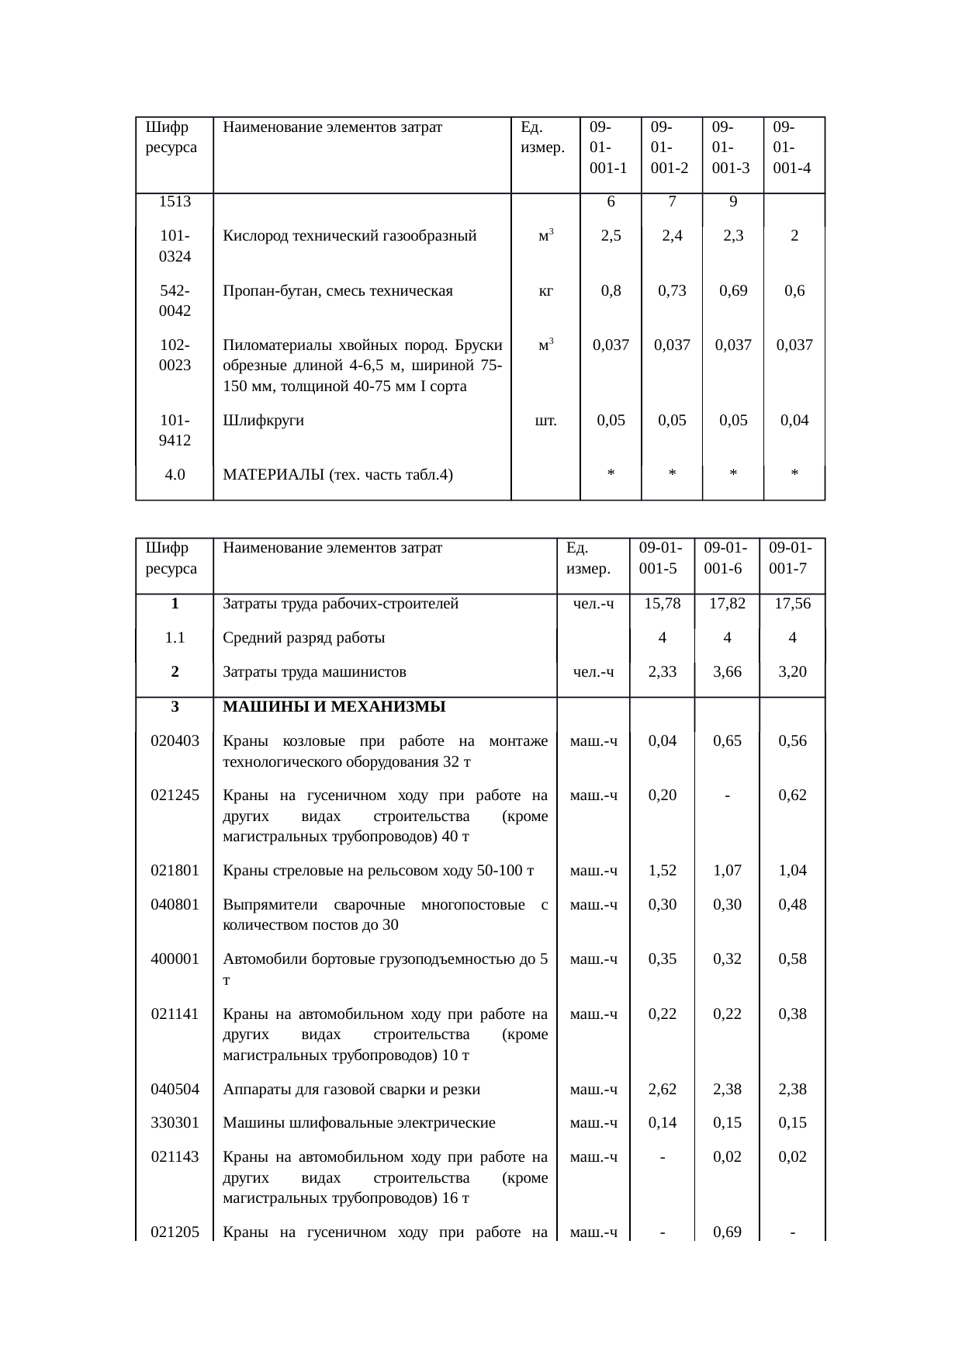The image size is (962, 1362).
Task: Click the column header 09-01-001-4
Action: pos(792,147)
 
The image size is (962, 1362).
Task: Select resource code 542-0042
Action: pos(175,301)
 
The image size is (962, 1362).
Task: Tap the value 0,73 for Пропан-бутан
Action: pos(672,291)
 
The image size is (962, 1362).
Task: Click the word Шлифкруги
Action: pos(263,421)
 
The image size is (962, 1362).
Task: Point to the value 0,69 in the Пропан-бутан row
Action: pos(733,291)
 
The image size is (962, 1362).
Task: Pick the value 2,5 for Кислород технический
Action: pos(611,236)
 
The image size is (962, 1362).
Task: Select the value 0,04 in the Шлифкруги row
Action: pos(794,421)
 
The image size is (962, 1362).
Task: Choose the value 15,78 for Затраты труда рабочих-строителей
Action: pos(662,604)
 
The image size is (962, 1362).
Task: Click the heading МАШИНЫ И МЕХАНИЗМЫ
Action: pos(334,707)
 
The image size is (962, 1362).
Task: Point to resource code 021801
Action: pos(175,870)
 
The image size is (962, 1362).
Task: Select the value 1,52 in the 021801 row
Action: pos(662,870)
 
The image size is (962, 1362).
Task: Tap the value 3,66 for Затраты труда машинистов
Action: pos(727,672)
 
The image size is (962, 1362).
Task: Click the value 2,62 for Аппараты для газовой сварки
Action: pos(662,1089)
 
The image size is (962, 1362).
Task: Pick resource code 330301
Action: pos(175,1122)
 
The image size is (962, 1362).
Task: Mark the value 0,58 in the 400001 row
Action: pos(792,958)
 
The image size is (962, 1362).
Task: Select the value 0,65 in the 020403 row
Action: pos(727,740)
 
